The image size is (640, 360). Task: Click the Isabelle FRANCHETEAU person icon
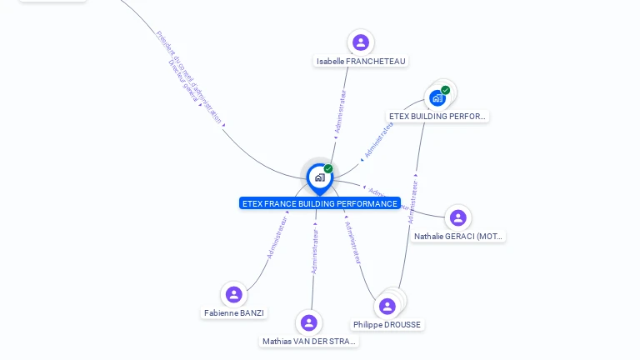click(360, 42)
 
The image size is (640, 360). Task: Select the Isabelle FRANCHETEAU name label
click(362, 62)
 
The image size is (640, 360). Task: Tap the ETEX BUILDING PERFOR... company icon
click(437, 98)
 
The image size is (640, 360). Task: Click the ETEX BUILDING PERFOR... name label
click(437, 117)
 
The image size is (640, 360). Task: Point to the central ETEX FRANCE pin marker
click(319, 177)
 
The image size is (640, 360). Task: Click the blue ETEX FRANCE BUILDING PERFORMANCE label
click(319, 203)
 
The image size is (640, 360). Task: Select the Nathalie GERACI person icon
click(457, 217)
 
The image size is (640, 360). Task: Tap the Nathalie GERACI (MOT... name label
click(458, 237)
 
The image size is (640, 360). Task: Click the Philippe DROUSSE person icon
click(387, 306)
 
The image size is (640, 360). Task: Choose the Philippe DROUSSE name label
click(387, 325)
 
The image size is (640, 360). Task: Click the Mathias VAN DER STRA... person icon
click(309, 322)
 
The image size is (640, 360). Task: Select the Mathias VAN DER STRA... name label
click(309, 342)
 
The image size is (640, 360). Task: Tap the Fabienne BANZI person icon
click(234, 294)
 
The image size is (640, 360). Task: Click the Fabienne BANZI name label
click(234, 313)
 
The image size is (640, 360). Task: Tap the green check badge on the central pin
click(328, 168)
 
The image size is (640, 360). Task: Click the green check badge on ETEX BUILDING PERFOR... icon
click(446, 90)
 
